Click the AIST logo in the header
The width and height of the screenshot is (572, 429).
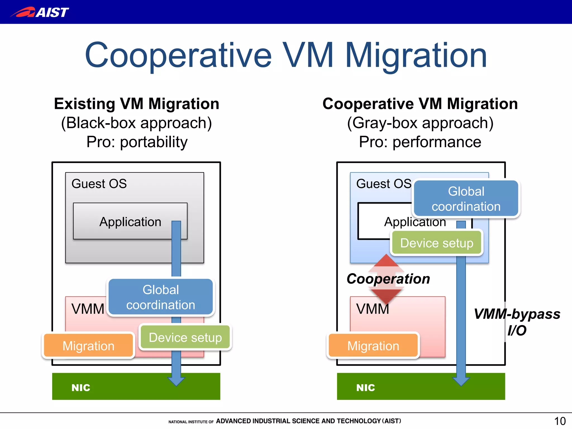(x=40, y=12)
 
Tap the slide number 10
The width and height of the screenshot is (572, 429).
(x=559, y=421)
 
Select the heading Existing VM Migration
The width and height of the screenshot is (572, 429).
(x=137, y=104)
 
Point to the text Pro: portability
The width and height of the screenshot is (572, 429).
(x=137, y=142)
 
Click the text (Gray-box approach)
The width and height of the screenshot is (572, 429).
(x=420, y=123)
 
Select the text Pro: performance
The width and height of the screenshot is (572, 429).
(x=420, y=142)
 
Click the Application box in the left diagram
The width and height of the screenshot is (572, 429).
(x=130, y=222)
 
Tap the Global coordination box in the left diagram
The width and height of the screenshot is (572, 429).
(x=161, y=297)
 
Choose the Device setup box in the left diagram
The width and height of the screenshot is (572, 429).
(x=185, y=337)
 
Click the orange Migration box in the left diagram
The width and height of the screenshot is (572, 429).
(x=88, y=346)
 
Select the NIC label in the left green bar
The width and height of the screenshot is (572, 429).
(x=81, y=387)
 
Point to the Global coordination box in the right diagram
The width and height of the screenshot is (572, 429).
(x=466, y=199)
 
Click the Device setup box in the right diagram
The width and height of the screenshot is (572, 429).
(x=437, y=243)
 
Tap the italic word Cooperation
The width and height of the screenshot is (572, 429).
(x=388, y=279)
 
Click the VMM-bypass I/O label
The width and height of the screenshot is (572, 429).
(x=517, y=322)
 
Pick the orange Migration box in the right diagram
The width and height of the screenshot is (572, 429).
(x=373, y=346)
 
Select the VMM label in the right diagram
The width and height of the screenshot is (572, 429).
(x=373, y=309)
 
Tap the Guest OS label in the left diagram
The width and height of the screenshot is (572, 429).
(x=99, y=184)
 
